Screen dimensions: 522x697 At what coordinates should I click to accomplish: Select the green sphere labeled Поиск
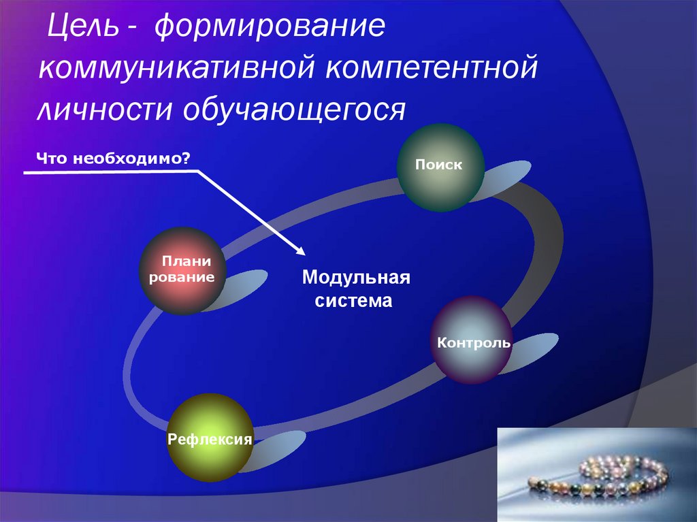(x=440, y=167)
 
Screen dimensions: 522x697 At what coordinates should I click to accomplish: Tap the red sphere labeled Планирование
(x=182, y=271)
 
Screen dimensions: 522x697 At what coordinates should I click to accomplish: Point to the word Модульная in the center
(x=356, y=278)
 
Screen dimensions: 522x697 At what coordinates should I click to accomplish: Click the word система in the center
(x=353, y=300)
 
